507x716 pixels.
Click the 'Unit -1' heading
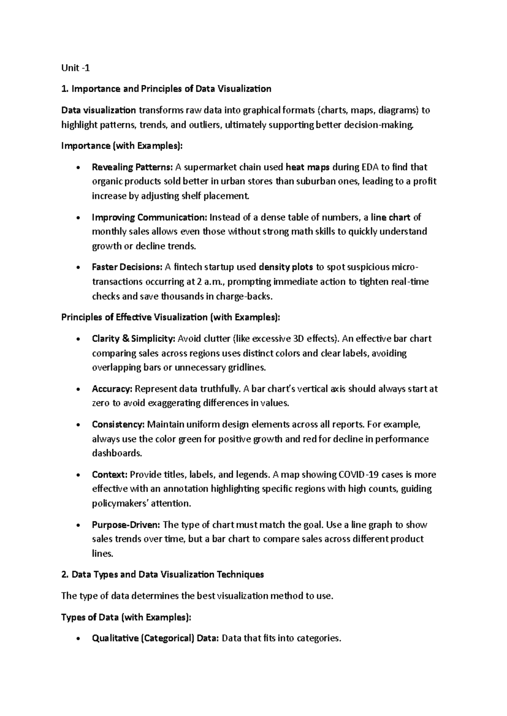pyautogui.click(x=76, y=68)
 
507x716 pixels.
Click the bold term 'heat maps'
pyautogui.click(x=308, y=167)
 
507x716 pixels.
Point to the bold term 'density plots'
pyautogui.click(x=286, y=267)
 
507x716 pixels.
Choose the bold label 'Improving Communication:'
pyautogui.click(x=149, y=217)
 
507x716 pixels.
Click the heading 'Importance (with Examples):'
pyautogui.click(x=123, y=146)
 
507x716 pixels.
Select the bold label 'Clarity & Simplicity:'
pyautogui.click(x=134, y=339)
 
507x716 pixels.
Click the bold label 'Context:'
pyautogui.click(x=109, y=475)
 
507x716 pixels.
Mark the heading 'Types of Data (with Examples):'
pyautogui.click(x=126, y=618)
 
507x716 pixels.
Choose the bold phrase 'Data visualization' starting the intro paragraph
pyautogui.click(x=98, y=111)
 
